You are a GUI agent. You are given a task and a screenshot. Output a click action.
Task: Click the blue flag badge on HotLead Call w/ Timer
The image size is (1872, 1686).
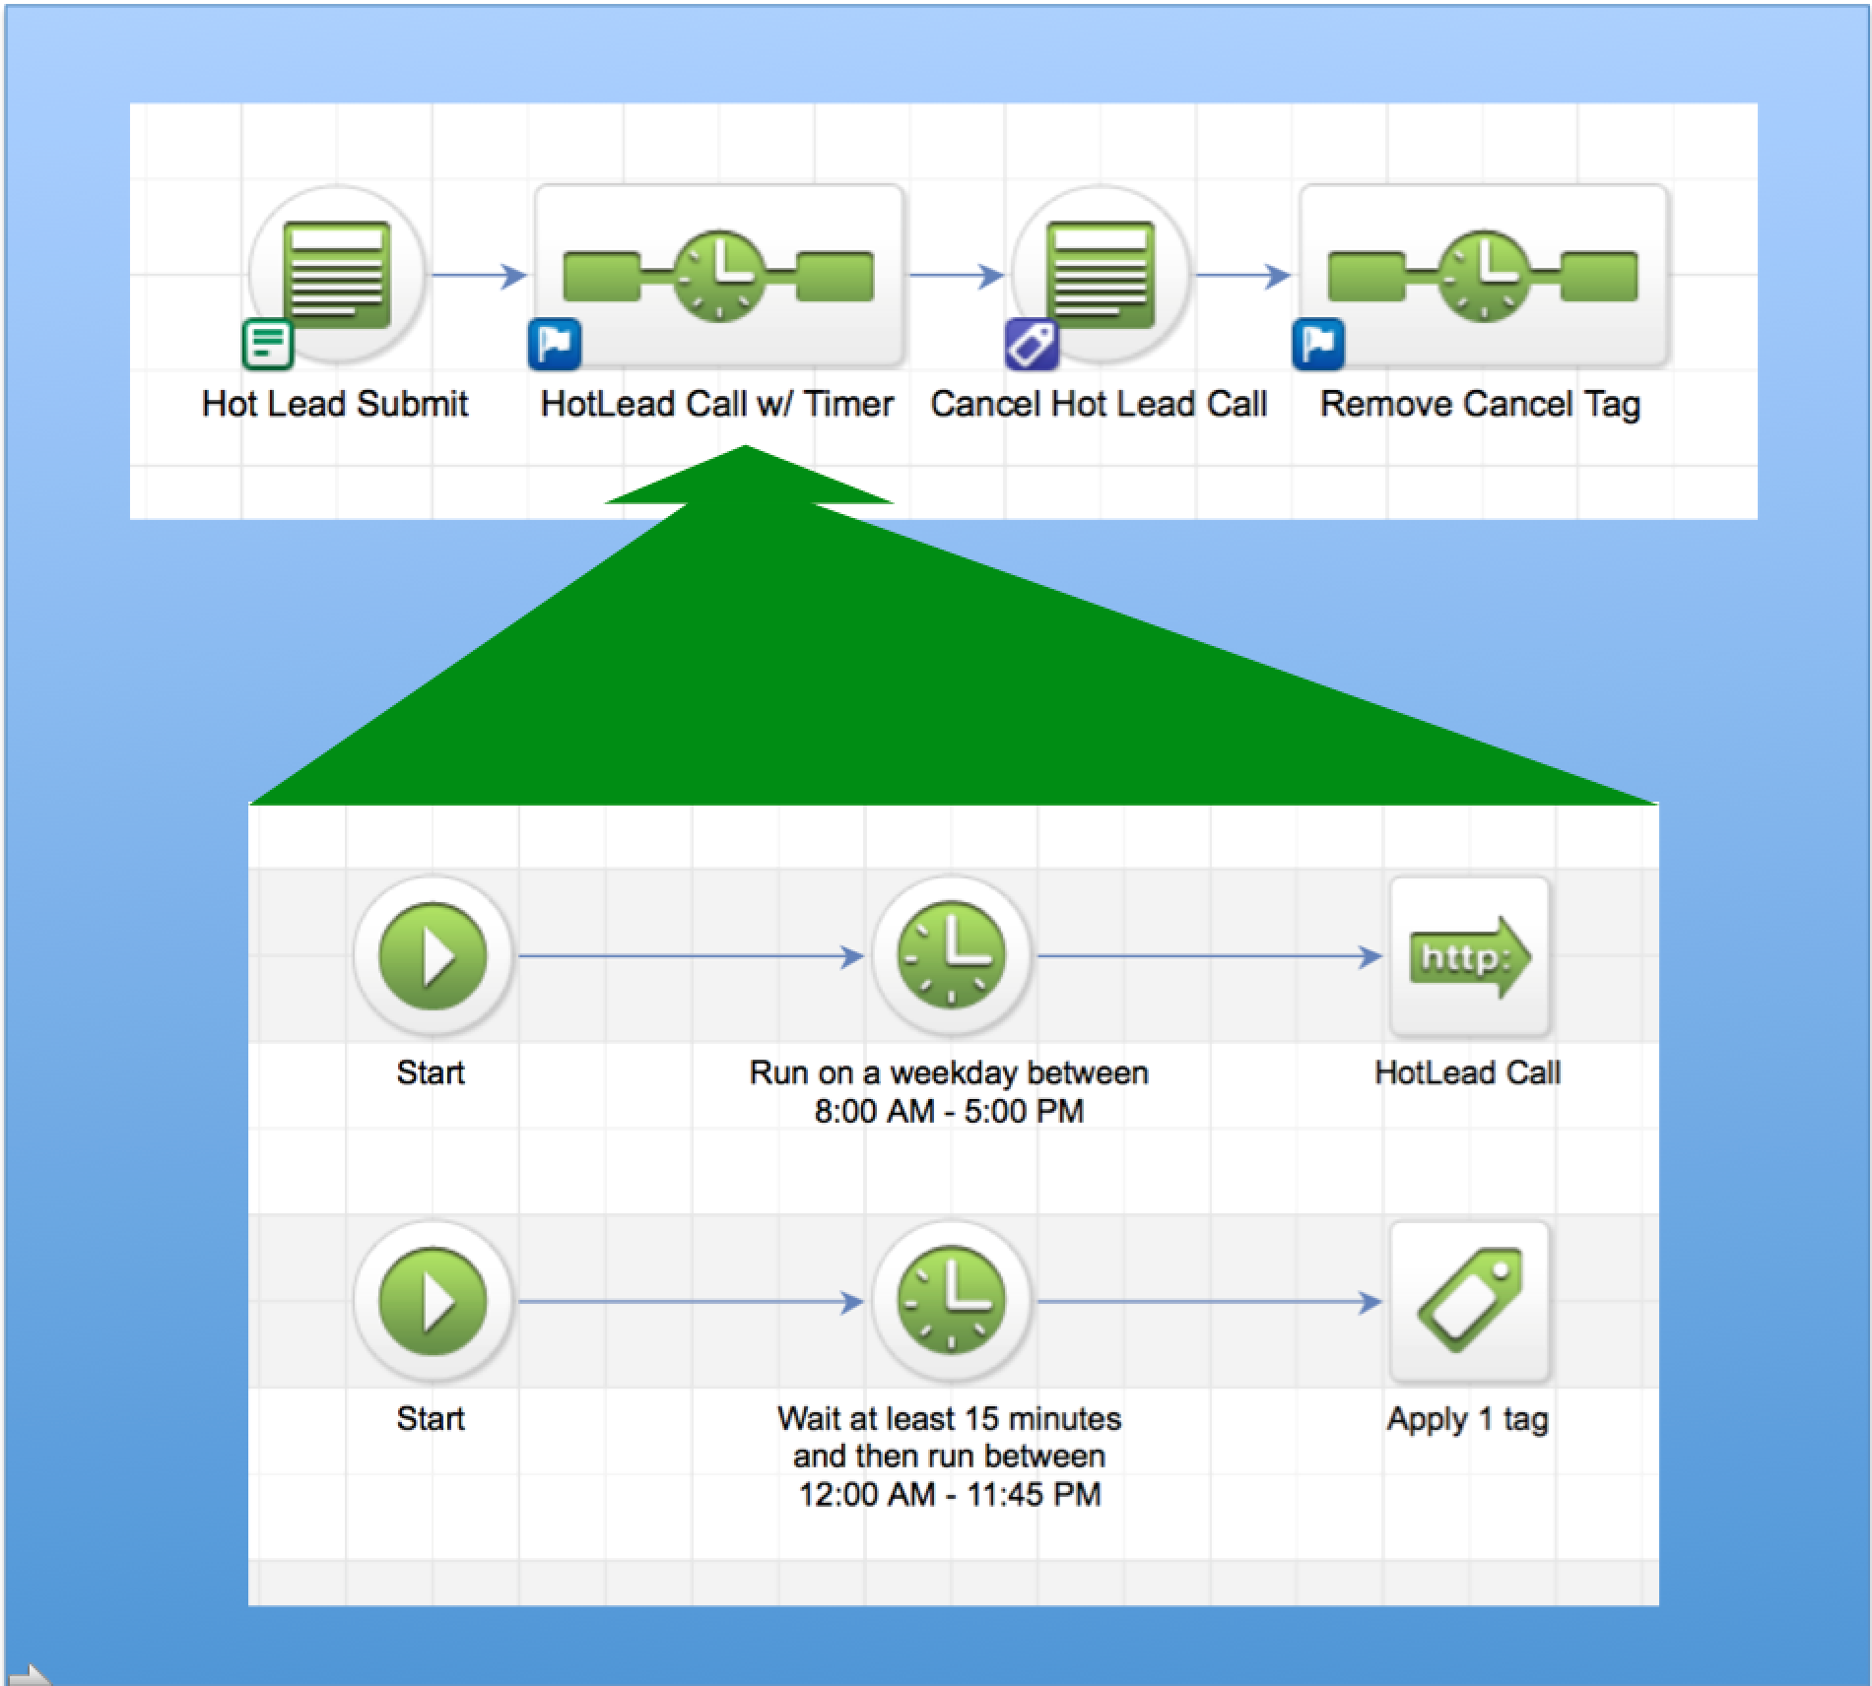tap(555, 345)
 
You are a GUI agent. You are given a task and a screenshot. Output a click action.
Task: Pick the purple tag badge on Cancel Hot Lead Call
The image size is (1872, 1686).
tap(1032, 345)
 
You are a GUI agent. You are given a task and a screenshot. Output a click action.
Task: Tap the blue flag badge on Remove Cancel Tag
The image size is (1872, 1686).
tap(1318, 345)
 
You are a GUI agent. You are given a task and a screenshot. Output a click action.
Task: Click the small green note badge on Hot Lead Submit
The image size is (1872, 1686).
tap(268, 345)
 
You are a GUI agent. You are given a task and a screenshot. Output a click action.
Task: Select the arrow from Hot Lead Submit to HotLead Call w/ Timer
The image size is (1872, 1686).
tap(479, 276)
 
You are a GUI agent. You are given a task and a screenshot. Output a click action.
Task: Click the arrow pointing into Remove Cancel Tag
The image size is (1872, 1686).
tap(1243, 276)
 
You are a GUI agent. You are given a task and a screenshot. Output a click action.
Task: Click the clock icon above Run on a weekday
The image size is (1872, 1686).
tap(951, 955)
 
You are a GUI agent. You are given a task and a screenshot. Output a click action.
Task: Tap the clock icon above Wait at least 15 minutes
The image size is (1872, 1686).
tap(951, 1301)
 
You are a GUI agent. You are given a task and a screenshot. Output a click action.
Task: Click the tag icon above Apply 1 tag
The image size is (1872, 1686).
tap(1469, 1301)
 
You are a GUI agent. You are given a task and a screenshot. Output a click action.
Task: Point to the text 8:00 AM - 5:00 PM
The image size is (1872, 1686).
tap(949, 1111)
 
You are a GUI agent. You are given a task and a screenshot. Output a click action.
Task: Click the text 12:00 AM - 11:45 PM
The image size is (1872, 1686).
tap(949, 1494)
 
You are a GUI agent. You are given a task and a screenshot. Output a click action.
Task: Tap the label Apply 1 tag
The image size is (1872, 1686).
tap(1467, 1419)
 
